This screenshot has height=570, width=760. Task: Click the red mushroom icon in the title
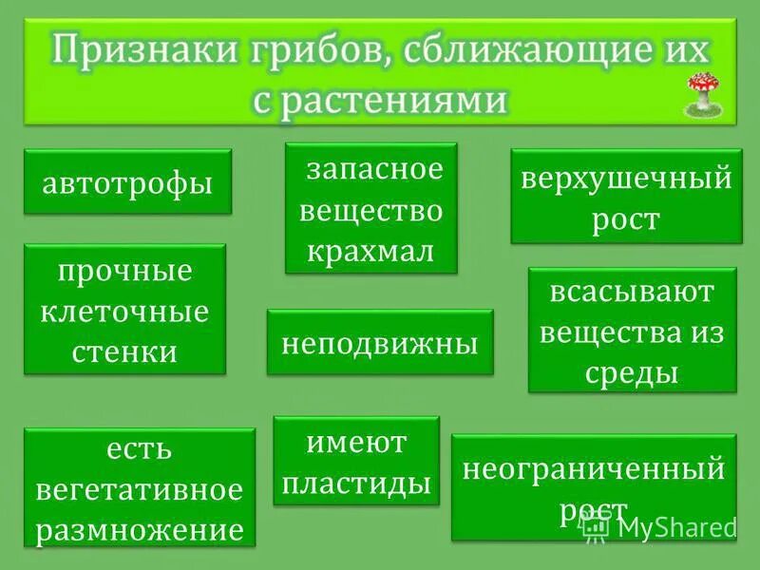tap(701, 91)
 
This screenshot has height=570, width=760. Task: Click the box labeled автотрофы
tap(127, 181)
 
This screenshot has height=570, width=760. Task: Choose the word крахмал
tap(371, 251)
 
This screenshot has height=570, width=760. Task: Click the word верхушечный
tap(625, 179)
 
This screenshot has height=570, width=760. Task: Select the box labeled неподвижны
tap(380, 342)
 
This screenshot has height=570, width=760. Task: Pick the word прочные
tap(124, 272)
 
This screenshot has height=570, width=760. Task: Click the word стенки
tap(124, 351)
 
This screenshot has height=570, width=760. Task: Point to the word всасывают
tap(632, 292)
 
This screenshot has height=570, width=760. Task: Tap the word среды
tap(632, 373)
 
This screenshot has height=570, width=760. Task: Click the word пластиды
tap(357, 484)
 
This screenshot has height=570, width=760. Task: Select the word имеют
tap(357, 443)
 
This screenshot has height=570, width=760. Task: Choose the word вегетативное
tap(140, 490)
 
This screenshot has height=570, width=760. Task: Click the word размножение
tap(140, 528)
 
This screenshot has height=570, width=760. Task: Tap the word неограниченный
tap(594, 468)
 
